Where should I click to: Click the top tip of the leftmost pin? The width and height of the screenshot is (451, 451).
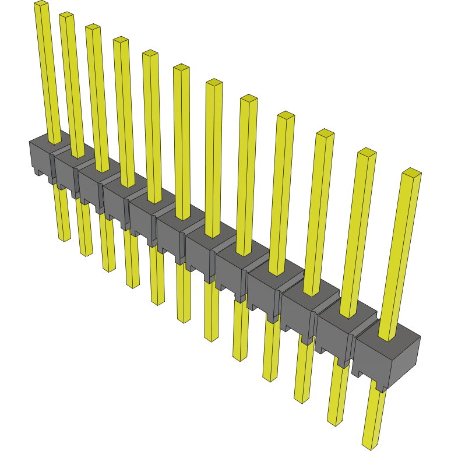[41, 4]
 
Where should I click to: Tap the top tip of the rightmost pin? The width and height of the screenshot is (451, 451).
[411, 172]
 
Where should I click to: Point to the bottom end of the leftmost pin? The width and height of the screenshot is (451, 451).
[65, 238]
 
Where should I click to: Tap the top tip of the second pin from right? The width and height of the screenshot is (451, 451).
[367, 153]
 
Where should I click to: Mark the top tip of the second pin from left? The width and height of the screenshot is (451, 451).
[66, 16]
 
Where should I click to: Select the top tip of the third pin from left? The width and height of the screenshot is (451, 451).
[93, 27]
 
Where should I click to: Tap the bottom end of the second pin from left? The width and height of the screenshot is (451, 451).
[86, 253]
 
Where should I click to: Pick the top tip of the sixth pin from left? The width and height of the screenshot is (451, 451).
[181, 68]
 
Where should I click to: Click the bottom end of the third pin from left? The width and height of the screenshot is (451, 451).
[109, 269]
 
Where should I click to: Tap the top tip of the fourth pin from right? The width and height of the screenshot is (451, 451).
[286, 115]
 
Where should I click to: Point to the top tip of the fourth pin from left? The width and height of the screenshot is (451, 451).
[121, 40]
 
